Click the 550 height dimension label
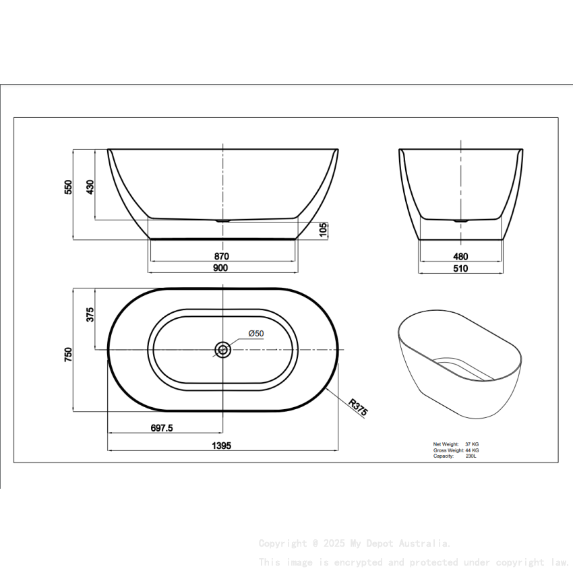68,187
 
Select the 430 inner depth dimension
90,187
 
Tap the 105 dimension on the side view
324,229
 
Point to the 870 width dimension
222,256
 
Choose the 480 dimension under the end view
460,257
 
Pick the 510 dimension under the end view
460,268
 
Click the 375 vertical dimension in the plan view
90,315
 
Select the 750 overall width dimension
68,355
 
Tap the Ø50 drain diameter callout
255,334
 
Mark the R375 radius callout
358,407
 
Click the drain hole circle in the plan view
222,349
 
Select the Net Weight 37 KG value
472,444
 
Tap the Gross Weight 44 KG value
472,450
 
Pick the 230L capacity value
471,456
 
